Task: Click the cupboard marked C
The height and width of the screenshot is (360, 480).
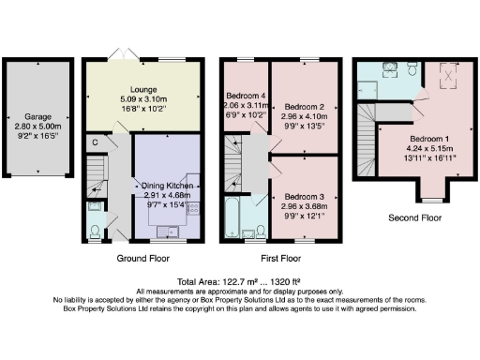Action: pyautogui.click(x=96, y=142)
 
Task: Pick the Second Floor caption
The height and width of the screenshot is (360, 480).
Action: pyautogui.click(x=414, y=217)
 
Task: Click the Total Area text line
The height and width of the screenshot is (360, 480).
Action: pyautogui.click(x=240, y=281)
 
